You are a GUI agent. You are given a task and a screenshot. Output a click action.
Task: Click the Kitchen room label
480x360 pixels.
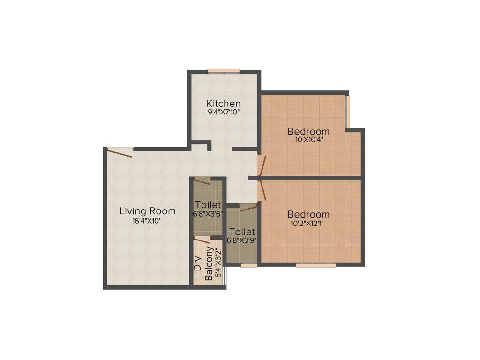[224, 103]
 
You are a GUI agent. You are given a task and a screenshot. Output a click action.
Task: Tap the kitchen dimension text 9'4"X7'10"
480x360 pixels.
[224, 112]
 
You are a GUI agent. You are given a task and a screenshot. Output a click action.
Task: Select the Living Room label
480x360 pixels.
[147, 211]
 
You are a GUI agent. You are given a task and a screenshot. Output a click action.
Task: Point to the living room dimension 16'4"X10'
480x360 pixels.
[147, 221]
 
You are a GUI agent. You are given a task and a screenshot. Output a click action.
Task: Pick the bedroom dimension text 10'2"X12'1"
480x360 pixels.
[308, 223]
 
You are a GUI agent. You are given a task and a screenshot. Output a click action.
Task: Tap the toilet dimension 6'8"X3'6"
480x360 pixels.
[208, 213]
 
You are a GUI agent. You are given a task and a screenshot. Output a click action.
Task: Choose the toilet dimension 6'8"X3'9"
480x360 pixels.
[241, 240]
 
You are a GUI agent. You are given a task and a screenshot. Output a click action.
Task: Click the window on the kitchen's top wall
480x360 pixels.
[224, 71]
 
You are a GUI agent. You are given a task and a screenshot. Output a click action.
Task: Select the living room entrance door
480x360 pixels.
[120, 150]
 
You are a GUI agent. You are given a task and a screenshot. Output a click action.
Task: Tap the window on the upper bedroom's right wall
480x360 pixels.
[347, 111]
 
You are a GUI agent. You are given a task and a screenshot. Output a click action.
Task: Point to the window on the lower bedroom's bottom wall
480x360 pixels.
[315, 265]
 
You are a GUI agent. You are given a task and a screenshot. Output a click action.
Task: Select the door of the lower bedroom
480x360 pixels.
[262, 190]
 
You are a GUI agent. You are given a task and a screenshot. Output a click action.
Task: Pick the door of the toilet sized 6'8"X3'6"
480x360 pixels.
[202, 180]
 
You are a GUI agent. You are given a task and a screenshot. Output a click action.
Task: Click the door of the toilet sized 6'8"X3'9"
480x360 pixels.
[248, 208]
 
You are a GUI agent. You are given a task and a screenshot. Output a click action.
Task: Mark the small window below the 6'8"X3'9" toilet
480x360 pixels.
[249, 265]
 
